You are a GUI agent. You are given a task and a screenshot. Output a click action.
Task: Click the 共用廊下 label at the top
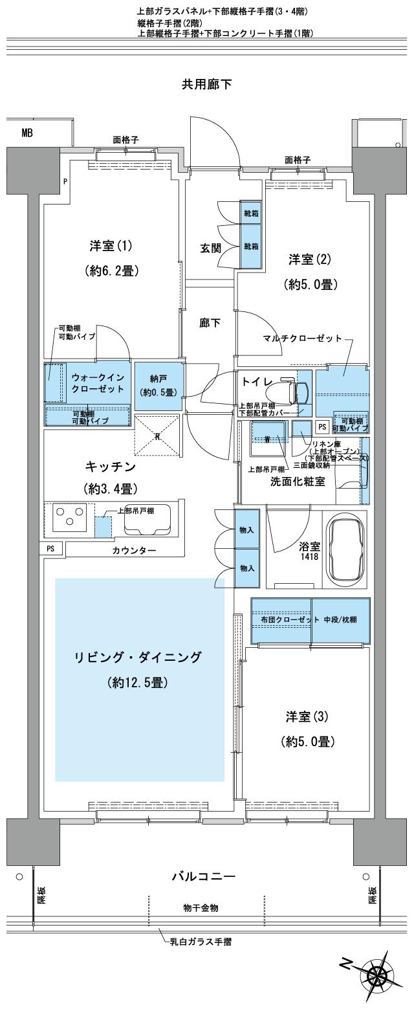207,84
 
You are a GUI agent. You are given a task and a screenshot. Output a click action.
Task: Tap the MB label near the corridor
27,133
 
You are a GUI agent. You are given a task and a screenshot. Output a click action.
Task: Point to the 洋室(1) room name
111,246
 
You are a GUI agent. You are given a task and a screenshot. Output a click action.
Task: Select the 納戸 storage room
158,386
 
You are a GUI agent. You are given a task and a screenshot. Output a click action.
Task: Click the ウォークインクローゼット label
99,383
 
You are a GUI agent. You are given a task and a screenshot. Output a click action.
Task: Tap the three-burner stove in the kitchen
69,516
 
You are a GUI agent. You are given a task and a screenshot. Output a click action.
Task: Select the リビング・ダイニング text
138,657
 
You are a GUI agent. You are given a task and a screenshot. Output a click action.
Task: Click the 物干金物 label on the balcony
201,908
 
